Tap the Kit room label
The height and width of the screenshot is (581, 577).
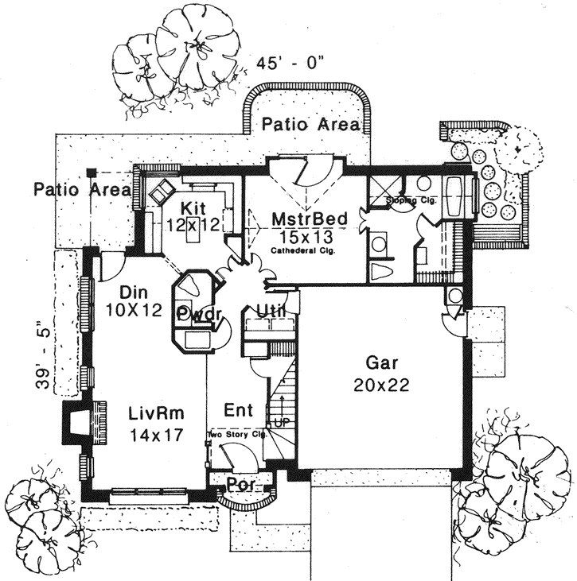coord(193,208)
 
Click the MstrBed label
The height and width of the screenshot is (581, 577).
coord(302,219)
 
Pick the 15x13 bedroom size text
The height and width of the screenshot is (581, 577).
coord(302,236)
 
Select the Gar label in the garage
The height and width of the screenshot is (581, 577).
coord(381,364)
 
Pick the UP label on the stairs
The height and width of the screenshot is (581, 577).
coord(280,422)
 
